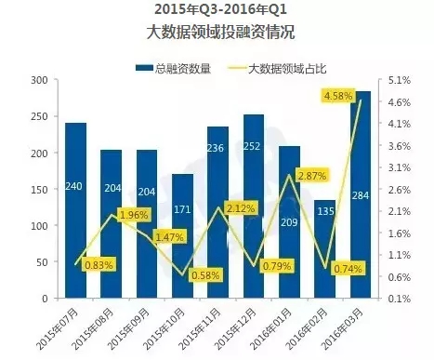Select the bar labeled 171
[181, 236]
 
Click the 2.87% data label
[313, 175]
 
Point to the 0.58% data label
[204, 275]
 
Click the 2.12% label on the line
[241, 208]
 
